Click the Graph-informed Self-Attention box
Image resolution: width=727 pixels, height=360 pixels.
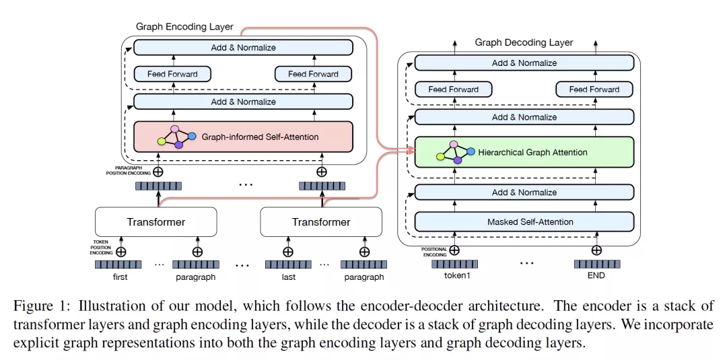243,137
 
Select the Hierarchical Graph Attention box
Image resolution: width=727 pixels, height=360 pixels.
524,152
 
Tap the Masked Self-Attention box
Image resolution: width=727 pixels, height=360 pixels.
524,221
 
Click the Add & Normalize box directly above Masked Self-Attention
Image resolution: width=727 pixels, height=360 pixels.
524,192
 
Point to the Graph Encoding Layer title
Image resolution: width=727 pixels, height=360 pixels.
184,26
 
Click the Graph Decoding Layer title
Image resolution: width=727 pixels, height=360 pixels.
524,42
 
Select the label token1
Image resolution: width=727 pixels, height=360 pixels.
454,275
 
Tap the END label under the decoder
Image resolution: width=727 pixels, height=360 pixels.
596,275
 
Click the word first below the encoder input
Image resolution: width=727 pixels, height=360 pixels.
120,277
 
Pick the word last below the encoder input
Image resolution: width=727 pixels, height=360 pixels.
288,277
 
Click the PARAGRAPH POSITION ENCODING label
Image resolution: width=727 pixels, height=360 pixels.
129,170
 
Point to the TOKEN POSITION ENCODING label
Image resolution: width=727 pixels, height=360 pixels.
100,248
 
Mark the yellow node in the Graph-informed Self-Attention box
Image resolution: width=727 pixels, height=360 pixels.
162,141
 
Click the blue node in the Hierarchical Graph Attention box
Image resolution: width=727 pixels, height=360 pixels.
471,151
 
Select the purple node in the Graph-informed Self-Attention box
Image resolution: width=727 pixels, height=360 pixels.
179,145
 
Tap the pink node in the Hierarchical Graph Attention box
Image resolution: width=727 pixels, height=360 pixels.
454,144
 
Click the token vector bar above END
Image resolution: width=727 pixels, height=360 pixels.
596,264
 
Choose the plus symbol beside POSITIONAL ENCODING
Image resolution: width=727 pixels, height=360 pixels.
454,250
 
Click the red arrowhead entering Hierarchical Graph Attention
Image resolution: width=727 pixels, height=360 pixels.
411,150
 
